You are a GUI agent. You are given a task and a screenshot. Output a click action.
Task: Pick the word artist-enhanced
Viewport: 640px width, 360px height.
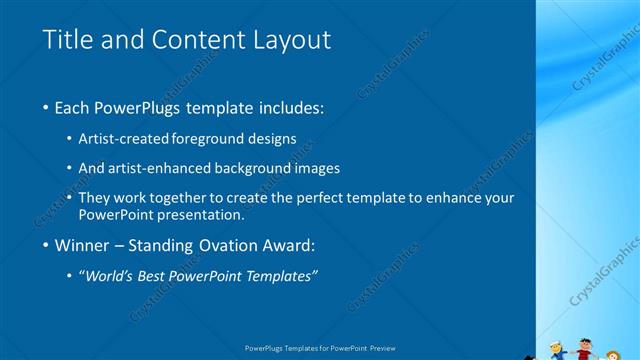coord(163,168)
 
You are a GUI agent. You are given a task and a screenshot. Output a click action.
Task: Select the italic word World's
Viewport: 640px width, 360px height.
coord(111,276)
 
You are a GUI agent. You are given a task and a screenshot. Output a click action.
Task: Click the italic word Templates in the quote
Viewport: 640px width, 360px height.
coord(282,276)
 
